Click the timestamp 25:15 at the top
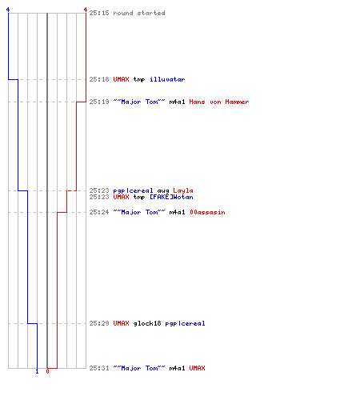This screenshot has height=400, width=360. [x=99, y=13]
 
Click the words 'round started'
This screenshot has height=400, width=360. [x=139, y=13]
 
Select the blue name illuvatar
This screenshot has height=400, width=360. [x=167, y=79]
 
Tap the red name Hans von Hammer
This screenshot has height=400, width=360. [x=219, y=102]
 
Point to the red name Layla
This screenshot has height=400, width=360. [x=183, y=191]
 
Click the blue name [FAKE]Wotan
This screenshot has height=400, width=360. [x=171, y=197]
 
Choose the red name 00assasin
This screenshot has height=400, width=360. [x=207, y=212]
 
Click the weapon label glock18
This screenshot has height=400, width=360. [x=147, y=324]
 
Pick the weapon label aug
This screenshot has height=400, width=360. [x=163, y=191]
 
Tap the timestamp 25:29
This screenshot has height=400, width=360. [x=99, y=323]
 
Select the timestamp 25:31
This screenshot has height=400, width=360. [x=99, y=368]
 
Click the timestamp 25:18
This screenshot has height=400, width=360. [x=99, y=79]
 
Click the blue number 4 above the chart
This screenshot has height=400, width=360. [x=8, y=10]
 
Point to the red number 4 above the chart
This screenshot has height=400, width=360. [x=86, y=10]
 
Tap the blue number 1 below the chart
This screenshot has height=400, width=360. [x=37, y=371]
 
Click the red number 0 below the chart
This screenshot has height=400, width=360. [x=47, y=371]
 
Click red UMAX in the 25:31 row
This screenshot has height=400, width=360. [x=197, y=368]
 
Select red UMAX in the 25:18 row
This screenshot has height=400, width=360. [x=121, y=79]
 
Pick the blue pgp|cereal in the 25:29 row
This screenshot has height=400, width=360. [x=185, y=324]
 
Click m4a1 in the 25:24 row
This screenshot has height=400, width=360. [x=177, y=212]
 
